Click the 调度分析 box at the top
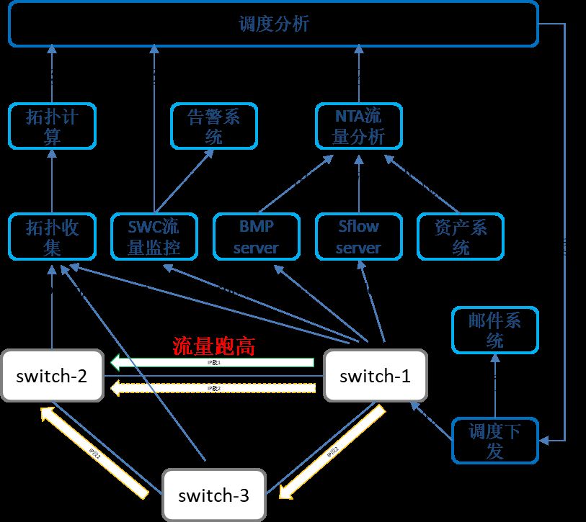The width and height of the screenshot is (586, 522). coord(273,24)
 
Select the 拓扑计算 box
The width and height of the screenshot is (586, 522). coord(52,126)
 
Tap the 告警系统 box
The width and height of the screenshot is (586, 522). coord(213,126)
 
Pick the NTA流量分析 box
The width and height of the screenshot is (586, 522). coord(358,126)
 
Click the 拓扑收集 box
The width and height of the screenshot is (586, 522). coord(52,237)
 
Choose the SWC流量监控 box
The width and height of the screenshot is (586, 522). coord(154,237)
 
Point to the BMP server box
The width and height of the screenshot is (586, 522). coord(257,237)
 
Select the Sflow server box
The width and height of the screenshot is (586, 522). coord(358,237)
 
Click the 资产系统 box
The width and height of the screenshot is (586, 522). coord(461,237)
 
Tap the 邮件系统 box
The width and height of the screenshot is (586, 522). coord(494,330)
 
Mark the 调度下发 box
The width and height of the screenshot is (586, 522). coord(494,441)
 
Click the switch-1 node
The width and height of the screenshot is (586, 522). coord(375,375)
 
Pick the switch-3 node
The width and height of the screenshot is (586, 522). coord(213,495)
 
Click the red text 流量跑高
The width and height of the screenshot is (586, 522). coord(213,346)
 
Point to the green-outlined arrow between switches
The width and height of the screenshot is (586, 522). coord(213,361)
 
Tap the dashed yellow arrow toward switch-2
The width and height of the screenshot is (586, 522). coord(213,389)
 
